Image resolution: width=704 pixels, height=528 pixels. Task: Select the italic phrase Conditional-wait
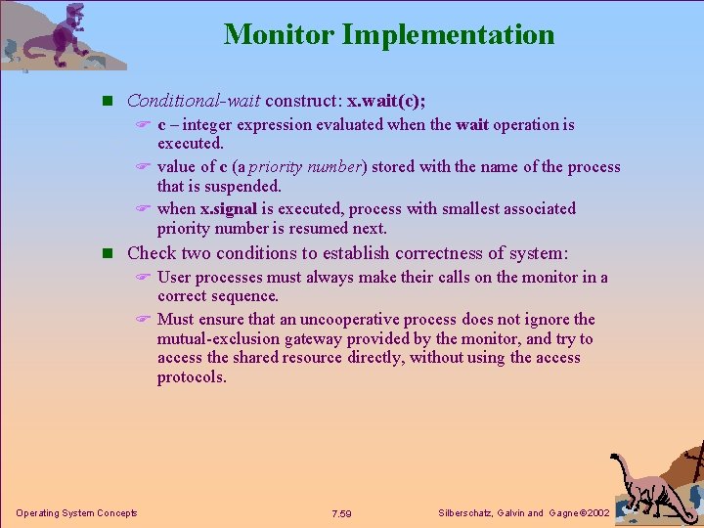point(193,101)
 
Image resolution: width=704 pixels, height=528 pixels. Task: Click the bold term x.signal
point(229,208)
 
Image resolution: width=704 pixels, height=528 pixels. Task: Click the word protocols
point(192,377)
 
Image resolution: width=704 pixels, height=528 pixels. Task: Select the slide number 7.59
point(341,513)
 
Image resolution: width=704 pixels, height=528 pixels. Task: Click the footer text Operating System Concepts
point(76,513)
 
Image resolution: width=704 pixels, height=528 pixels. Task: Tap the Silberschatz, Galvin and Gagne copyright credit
point(525,513)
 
